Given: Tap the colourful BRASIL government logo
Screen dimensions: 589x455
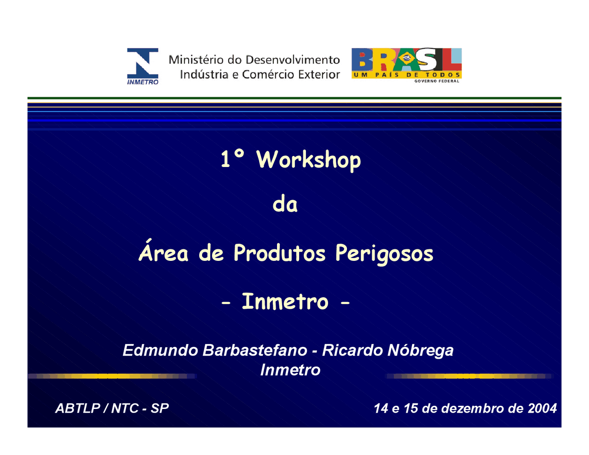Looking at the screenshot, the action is tap(406, 65).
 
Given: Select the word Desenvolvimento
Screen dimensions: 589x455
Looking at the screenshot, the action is tap(293, 60).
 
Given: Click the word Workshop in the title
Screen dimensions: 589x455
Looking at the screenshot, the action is tap(309, 160).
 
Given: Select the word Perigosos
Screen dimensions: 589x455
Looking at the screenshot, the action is tap(384, 254).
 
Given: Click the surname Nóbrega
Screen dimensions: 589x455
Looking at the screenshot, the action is tap(421, 351).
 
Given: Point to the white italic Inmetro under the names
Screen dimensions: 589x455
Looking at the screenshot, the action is tap(290, 370).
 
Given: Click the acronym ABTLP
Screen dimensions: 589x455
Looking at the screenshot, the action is tap(78, 408).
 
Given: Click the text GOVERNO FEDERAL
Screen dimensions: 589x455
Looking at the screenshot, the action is tap(437, 81).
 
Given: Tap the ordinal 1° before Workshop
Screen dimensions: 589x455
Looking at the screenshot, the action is tap(232, 159).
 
